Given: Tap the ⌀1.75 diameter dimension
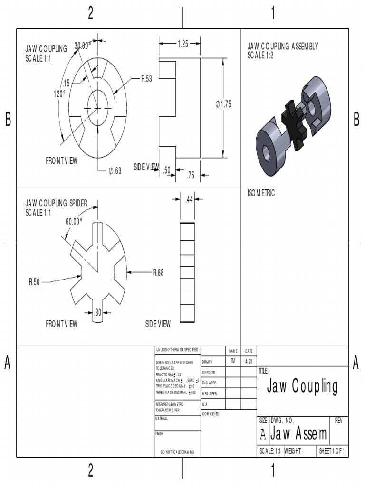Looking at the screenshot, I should (x=223, y=104).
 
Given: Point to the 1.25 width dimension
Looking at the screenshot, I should (x=182, y=44).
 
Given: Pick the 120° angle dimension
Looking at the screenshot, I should (x=59, y=93).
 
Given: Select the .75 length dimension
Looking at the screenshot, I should (x=191, y=176).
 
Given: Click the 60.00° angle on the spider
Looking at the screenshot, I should (x=74, y=221).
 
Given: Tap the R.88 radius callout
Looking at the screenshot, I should (x=158, y=272).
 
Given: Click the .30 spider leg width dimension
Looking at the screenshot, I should (x=98, y=312).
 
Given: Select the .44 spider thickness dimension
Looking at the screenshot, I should (x=189, y=200).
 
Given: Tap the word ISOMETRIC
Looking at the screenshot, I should (x=261, y=193).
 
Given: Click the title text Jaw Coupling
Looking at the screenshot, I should (x=302, y=387).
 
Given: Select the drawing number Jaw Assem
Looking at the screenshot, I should (x=299, y=433).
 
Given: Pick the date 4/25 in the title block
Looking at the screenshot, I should (x=249, y=362).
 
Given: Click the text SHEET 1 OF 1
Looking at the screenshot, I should (x=332, y=450).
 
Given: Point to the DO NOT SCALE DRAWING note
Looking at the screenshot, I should (x=177, y=452).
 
